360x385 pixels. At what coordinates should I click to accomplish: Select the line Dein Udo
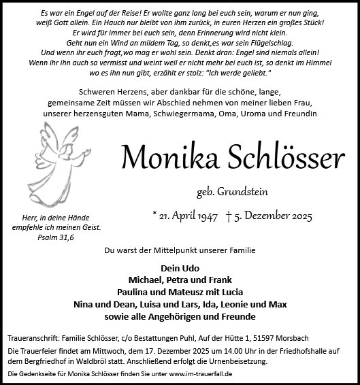[180, 268]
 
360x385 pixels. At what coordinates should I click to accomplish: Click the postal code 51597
[292, 337]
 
